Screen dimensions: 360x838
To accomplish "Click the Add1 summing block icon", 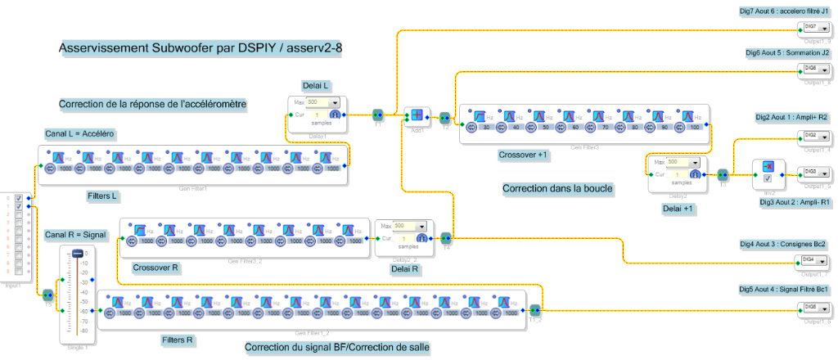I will click(417, 115).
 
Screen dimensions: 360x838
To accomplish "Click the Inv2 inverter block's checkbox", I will click(768, 178).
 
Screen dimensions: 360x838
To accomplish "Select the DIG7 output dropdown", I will click(813, 27).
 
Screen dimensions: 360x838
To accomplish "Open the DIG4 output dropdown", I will click(813, 259).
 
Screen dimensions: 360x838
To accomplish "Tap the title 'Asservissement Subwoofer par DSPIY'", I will click(200, 48).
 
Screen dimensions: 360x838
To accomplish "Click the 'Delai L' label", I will click(315, 84).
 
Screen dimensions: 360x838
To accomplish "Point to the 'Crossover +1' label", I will click(525, 154).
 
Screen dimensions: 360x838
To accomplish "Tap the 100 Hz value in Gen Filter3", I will click(693, 128).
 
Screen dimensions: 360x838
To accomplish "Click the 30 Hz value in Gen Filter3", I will click(486, 128).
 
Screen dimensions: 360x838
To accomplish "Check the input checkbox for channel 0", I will click(18, 198).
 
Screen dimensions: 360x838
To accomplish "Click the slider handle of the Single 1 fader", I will click(79, 254).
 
